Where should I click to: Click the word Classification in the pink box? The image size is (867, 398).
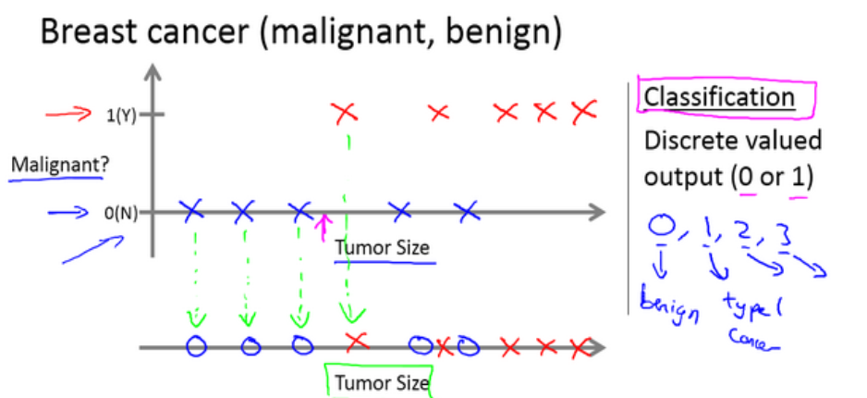tap(718, 97)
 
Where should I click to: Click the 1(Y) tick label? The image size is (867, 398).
tap(121, 116)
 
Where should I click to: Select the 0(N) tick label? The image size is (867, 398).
tap(120, 213)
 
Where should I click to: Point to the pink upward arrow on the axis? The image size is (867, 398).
tap(323, 226)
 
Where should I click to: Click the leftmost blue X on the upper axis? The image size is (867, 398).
tap(192, 211)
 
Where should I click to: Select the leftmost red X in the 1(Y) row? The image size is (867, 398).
tap(345, 114)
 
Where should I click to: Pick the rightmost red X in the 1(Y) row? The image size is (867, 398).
tap(583, 113)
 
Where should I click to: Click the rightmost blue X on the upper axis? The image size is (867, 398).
tap(469, 211)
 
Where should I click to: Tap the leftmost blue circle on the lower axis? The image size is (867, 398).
tap(195, 347)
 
